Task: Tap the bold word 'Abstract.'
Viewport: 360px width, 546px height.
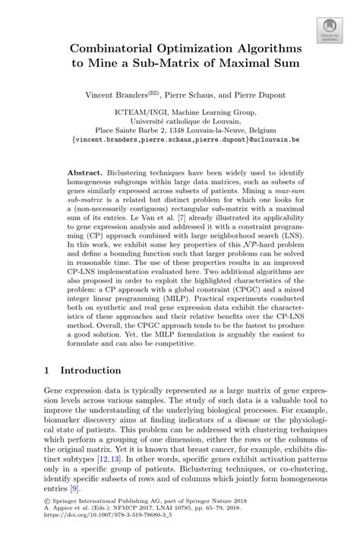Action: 85,173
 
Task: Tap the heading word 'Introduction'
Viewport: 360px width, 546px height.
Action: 91,370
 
